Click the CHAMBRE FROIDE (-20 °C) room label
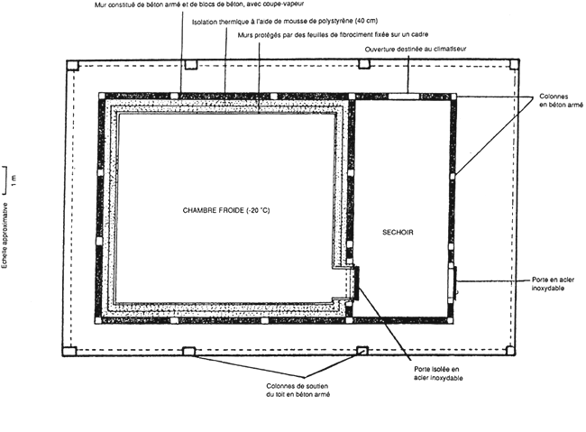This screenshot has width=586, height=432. tap(226, 210)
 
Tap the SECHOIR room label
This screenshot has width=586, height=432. tap(398, 233)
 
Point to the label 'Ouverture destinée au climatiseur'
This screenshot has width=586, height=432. tap(416, 49)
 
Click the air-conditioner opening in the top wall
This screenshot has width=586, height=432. tap(404, 97)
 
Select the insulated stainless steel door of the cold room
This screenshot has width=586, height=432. tap(356, 283)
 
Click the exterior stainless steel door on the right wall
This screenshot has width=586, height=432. tap(452, 282)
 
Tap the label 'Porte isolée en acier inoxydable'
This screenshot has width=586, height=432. tap(438, 373)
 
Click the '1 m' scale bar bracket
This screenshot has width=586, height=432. tap(5, 180)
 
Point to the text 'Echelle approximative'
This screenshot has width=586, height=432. tap(5, 235)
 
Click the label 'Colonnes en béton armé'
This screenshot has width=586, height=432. tap(561, 101)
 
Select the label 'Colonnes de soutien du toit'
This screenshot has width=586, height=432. tap(298, 391)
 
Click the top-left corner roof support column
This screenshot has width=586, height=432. tap(72, 66)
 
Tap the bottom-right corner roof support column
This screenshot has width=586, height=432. tap(510, 351)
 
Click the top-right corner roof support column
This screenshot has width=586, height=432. tap(514, 64)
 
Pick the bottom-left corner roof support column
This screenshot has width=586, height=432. tap(69, 351)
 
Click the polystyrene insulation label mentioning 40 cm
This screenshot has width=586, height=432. tap(285, 22)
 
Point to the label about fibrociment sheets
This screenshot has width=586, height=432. tap(333, 34)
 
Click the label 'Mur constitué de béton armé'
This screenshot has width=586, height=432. tap(199, 5)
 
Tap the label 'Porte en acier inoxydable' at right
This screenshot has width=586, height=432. tap(553, 284)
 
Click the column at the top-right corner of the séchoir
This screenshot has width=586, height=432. tap(453, 97)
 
